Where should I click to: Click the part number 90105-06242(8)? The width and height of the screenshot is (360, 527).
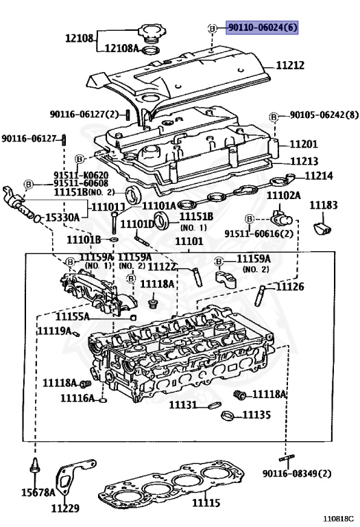click(x=323, y=115)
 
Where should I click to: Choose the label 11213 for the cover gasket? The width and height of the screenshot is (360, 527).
click(x=303, y=161)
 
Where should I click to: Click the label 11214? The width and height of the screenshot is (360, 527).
click(x=318, y=176)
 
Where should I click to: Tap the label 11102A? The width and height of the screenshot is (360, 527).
click(x=283, y=196)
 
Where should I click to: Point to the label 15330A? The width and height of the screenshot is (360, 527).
click(x=62, y=217)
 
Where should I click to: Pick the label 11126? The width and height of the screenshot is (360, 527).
click(x=290, y=286)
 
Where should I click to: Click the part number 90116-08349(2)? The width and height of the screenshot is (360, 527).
click(x=297, y=473)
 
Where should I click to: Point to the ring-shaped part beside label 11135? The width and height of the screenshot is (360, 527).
click(x=229, y=415)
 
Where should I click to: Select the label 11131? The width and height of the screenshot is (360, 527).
click(x=184, y=406)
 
